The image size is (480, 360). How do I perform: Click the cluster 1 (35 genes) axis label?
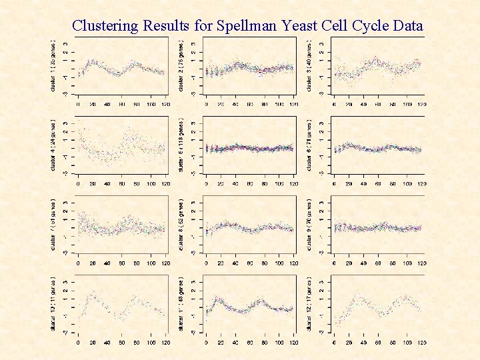pos(55,65)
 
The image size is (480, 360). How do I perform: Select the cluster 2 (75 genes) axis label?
pos(182,65)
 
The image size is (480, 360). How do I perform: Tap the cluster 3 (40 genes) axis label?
pos(311,65)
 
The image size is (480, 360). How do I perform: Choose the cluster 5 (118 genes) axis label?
pos(182,145)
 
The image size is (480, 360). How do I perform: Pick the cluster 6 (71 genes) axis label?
pos(311,145)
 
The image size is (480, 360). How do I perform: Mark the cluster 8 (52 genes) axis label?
pos(182,225)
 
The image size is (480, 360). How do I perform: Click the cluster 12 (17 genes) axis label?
pos(311,305)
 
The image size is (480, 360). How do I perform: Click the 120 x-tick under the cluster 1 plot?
pos(163,104)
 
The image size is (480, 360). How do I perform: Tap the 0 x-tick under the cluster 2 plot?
pos(206,104)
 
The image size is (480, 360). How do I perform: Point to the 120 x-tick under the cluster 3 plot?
pos(420,104)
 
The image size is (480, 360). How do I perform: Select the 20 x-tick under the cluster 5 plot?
pos(221,184)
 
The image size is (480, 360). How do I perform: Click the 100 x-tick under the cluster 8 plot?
pos(278,264)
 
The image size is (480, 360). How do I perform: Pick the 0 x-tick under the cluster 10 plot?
pos(78,343)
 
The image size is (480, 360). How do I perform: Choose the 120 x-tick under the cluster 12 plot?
pos(420,343)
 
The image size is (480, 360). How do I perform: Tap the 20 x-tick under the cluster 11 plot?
pos(221,343)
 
